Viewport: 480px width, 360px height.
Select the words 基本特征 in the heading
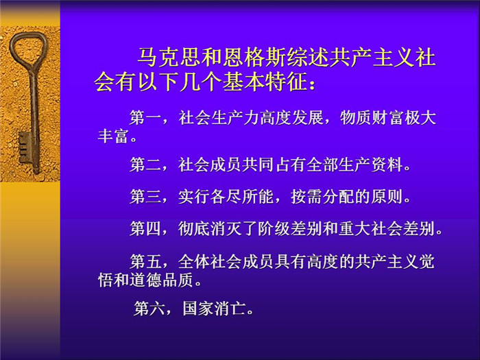click(265, 82)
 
